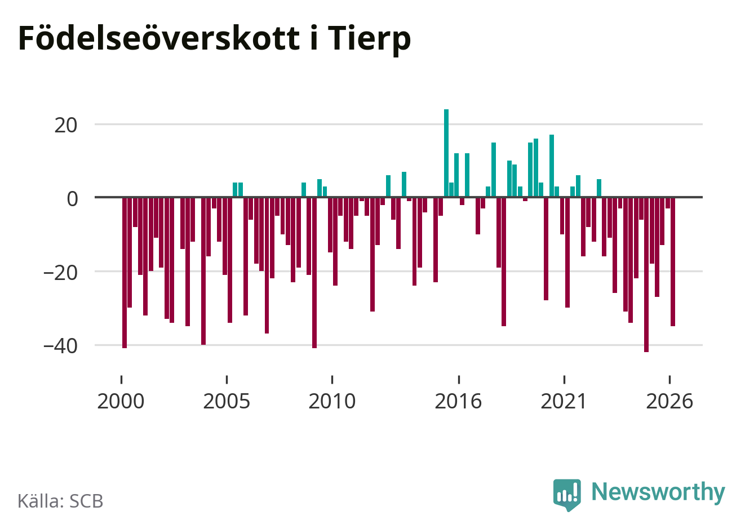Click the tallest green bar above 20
coord(446,153)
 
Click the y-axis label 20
coord(65,126)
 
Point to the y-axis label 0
coord(72,199)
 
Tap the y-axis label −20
coord(60,273)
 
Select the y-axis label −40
coord(60,346)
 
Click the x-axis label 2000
coord(121,401)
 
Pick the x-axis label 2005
coord(227,401)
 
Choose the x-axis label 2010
coord(332,401)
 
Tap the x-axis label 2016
coord(458,401)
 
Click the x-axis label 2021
coord(564,401)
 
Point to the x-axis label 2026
coord(669,401)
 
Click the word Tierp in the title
coord(370,39)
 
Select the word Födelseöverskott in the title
coord(159,38)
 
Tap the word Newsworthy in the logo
coord(658,491)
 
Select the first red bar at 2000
coord(125,273)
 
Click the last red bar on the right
coord(673,261)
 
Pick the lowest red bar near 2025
coord(646,275)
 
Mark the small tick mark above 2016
coord(459,380)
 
